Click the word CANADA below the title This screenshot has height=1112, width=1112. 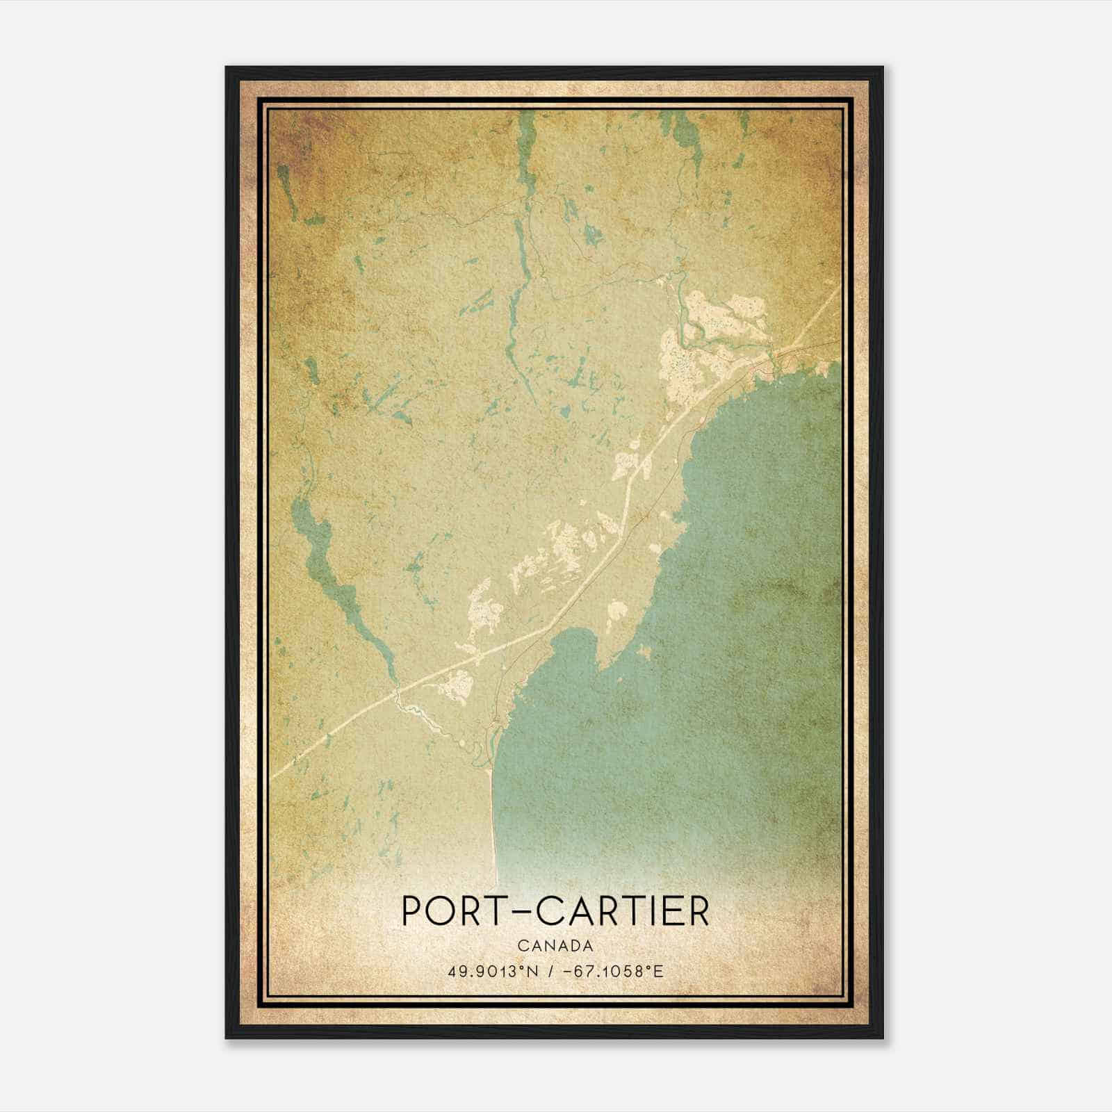point(555,945)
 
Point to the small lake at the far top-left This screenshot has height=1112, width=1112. point(286,184)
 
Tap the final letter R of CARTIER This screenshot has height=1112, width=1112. point(698,912)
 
